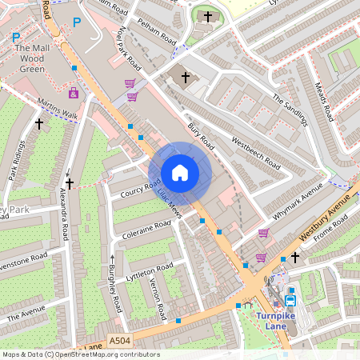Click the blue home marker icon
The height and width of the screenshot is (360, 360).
[180, 173]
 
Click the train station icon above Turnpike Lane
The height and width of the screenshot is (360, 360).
[290, 301]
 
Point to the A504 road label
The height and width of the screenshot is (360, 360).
[119, 341]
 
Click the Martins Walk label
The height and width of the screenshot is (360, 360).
[57, 110]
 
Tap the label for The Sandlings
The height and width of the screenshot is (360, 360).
[290, 110]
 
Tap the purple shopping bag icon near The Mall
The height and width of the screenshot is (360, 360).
[74, 93]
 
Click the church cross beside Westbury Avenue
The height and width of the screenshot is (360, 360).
[295, 257]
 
